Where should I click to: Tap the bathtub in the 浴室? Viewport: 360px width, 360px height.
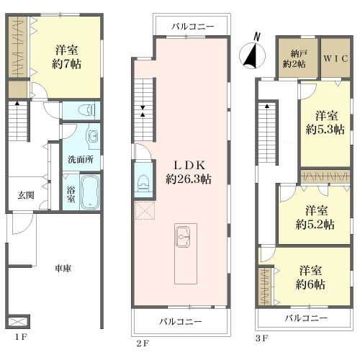90,192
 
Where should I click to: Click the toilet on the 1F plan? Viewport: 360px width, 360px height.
86,110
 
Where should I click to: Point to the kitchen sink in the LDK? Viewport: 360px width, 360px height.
183,237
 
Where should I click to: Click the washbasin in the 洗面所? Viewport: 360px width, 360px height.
93,137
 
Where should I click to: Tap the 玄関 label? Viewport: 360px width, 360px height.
26,196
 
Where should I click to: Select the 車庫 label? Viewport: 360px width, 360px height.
63,269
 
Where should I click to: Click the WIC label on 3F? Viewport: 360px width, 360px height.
336,58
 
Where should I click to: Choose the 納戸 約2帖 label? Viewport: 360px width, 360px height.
294,59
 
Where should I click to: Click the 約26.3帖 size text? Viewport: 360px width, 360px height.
189,179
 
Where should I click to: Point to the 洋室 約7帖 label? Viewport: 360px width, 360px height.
66,58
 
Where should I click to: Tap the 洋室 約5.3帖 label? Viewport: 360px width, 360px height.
325,123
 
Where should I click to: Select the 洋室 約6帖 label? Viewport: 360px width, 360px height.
310,278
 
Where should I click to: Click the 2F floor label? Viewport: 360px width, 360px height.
143,343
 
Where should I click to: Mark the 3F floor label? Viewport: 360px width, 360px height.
261,338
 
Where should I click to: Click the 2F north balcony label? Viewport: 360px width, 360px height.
193,27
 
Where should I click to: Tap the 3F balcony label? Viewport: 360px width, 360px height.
306,318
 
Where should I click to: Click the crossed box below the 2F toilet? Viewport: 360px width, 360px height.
145,210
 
